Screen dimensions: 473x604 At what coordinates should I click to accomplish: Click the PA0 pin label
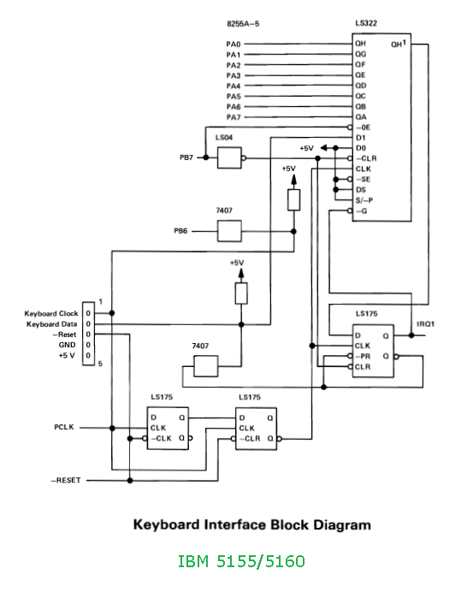(234, 44)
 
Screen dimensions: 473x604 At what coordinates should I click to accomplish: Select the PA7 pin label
(234, 117)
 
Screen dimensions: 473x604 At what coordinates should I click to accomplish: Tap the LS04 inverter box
(229, 157)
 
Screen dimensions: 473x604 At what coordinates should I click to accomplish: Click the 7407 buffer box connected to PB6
(229, 231)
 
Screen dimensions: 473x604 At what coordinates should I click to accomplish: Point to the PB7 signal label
(186, 157)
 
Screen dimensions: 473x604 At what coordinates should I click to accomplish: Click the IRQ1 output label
(425, 324)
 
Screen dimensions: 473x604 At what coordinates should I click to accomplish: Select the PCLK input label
(64, 427)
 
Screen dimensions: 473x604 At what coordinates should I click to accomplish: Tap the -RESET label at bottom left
(66, 480)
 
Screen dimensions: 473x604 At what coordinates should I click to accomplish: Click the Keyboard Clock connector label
(51, 314)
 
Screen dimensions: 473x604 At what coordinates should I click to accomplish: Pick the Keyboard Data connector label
(51, 324)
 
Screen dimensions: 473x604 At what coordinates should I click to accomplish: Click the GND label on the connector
(67, 345)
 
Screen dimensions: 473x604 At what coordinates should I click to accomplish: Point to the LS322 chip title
(366, 23)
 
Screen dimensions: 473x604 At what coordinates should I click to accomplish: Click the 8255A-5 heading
(243, 24)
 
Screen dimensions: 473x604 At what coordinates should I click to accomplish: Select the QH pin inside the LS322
(361, 44)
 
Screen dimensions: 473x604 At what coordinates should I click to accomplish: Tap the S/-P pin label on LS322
(364, 200)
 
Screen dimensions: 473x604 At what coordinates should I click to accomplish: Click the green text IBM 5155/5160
(241, 561)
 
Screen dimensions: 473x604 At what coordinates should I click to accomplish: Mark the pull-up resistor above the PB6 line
(294, 200)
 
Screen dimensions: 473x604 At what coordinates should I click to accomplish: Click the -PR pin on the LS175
(363, 356)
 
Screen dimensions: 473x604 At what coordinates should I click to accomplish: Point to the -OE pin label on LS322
(363, 127)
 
